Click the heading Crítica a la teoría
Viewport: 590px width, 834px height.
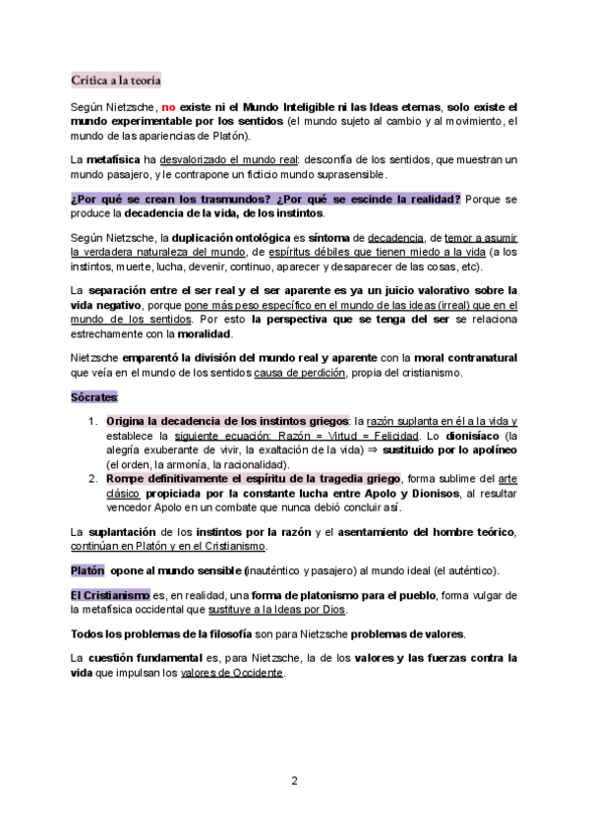(116, 79)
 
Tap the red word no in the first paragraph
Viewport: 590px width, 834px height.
(168, 106)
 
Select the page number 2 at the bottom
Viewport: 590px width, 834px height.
(294, 782)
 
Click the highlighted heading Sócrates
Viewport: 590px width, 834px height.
(93, 397)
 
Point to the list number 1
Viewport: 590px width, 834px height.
(93, 421)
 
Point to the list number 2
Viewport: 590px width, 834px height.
(93, 478)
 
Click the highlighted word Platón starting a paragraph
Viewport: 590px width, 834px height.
(88, 570)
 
